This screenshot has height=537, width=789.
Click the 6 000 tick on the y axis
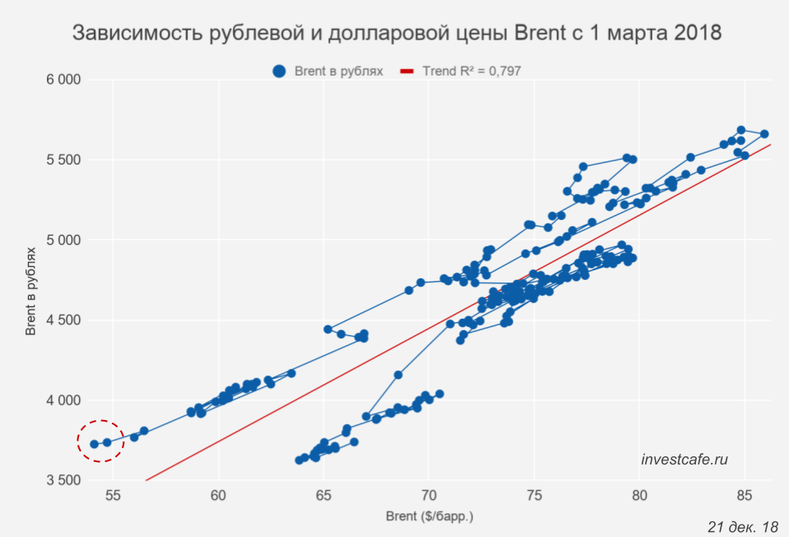click(x=63, y=80)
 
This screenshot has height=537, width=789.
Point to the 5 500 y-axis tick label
click(x=63, y=160)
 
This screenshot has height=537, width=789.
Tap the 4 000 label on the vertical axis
click(x=63, y=400)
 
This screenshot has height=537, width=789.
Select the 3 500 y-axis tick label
click(x=63, y=481)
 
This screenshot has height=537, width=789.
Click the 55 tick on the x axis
click(x=114, y=496)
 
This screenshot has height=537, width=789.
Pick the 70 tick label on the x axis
click(x=429, y=496)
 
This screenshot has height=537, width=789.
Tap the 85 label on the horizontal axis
click(x=745, y=496)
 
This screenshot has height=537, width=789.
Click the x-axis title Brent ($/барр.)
click(x=429, y=517)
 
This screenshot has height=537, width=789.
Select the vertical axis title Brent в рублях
click(x=30, y=280)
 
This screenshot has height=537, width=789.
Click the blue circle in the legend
click(x=280, y=72)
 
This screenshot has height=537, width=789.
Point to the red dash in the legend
click(x=406, y=72)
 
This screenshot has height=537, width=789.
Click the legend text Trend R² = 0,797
click(x=471, y=72)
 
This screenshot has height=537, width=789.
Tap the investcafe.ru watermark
click(x=685, y=460)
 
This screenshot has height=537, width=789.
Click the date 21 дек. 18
click(x=742, y=525)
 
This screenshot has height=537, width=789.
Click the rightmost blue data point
click(x=764, y=133)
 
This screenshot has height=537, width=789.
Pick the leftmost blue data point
click(x=95, y=444)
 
